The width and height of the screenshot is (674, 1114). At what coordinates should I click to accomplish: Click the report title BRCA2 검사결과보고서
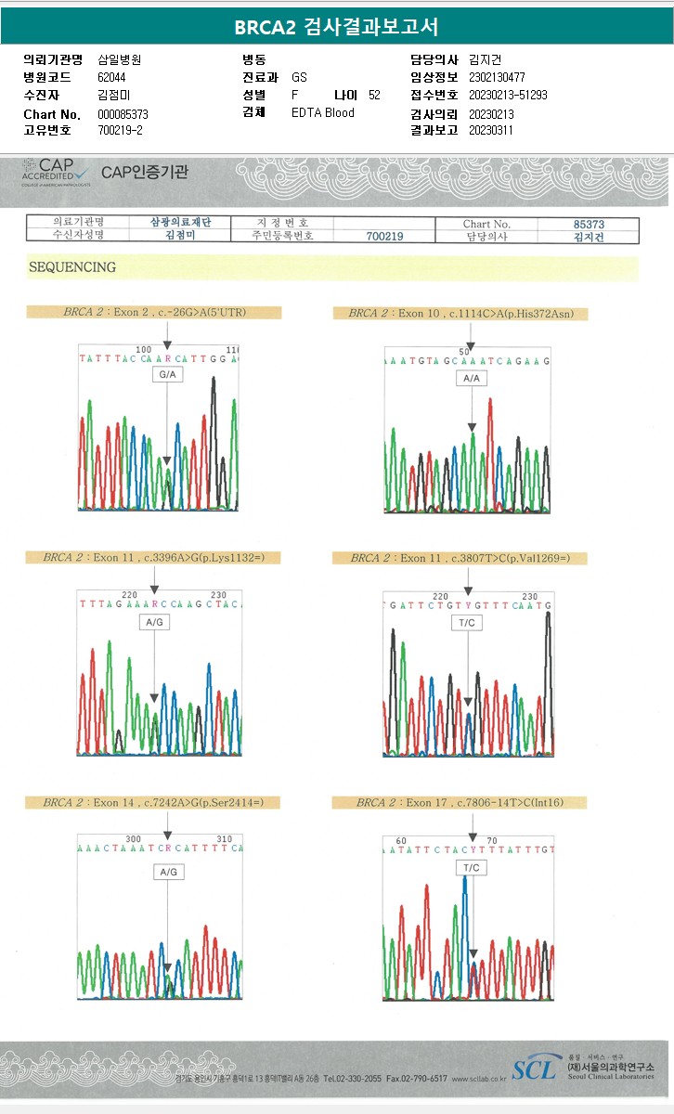tap(336, 27)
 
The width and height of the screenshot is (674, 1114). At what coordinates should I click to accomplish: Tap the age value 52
tap(374, 95)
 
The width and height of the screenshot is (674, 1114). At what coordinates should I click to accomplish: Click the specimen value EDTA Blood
tap(323, 112)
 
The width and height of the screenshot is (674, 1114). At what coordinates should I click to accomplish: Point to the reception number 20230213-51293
tap(508, 96)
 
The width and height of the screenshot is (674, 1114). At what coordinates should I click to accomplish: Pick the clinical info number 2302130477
tap(498, 78)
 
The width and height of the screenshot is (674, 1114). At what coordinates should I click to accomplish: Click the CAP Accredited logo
tap(56, 171)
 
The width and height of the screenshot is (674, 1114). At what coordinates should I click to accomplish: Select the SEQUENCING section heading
tap(72, 267)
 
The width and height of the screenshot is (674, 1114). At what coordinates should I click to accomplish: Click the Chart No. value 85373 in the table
tap(589, 224)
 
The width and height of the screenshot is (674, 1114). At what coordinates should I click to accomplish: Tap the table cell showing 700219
tap(384, 237)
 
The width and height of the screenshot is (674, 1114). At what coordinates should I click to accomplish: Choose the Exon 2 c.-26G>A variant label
tap(154, 313)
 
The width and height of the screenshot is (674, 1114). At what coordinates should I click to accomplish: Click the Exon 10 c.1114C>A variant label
tap(460, 314)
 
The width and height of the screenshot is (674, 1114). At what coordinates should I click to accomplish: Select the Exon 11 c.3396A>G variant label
tap(153, 558)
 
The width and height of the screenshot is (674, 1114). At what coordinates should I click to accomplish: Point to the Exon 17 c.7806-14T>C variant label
tap(459, 802)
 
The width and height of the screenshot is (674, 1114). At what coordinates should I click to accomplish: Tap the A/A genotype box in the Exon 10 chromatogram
tap(471, 379)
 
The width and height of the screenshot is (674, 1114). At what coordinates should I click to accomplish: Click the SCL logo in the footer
tap(536, 1067)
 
